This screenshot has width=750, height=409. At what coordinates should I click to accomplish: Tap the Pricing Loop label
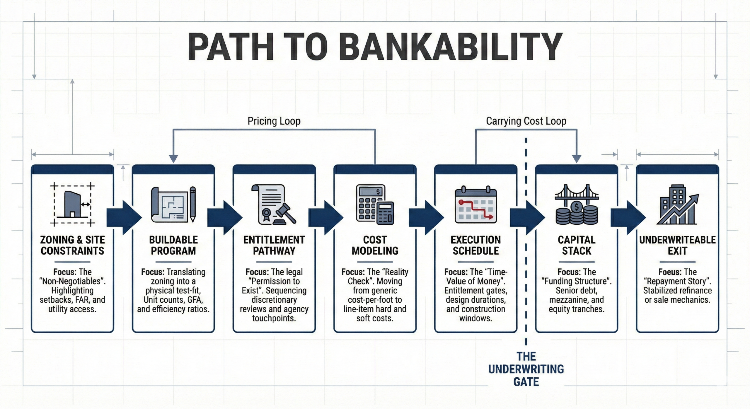[274, 121]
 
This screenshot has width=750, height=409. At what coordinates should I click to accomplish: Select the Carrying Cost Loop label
[526, 121]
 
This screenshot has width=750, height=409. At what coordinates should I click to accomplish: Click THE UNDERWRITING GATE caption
[526, 369]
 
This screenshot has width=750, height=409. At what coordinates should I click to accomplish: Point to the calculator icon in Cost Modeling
[375, 205]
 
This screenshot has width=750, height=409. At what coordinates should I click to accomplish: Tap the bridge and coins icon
[576, 205]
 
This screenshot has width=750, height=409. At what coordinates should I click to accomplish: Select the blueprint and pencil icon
[173, 205]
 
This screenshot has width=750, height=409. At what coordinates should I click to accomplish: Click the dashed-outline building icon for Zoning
[72, 205]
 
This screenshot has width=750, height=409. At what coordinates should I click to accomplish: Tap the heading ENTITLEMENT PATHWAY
[274, 245]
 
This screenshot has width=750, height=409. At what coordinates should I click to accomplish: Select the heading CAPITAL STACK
[576, 245]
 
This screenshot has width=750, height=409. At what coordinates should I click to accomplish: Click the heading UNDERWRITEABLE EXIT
[677, 245]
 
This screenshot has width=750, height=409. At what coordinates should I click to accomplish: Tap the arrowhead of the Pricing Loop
[173, 159]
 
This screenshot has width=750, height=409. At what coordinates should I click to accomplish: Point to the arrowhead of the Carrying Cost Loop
[577, 159]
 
